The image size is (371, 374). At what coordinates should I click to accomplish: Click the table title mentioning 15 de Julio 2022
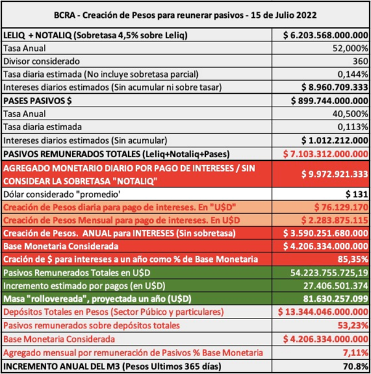(x=185, y=14)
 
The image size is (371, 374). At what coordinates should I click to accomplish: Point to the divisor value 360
(x=359, y=62)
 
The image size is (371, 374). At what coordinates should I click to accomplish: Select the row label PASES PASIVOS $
(x=38, y=100)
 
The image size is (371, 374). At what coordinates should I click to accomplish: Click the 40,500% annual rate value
(x=350, y=113)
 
